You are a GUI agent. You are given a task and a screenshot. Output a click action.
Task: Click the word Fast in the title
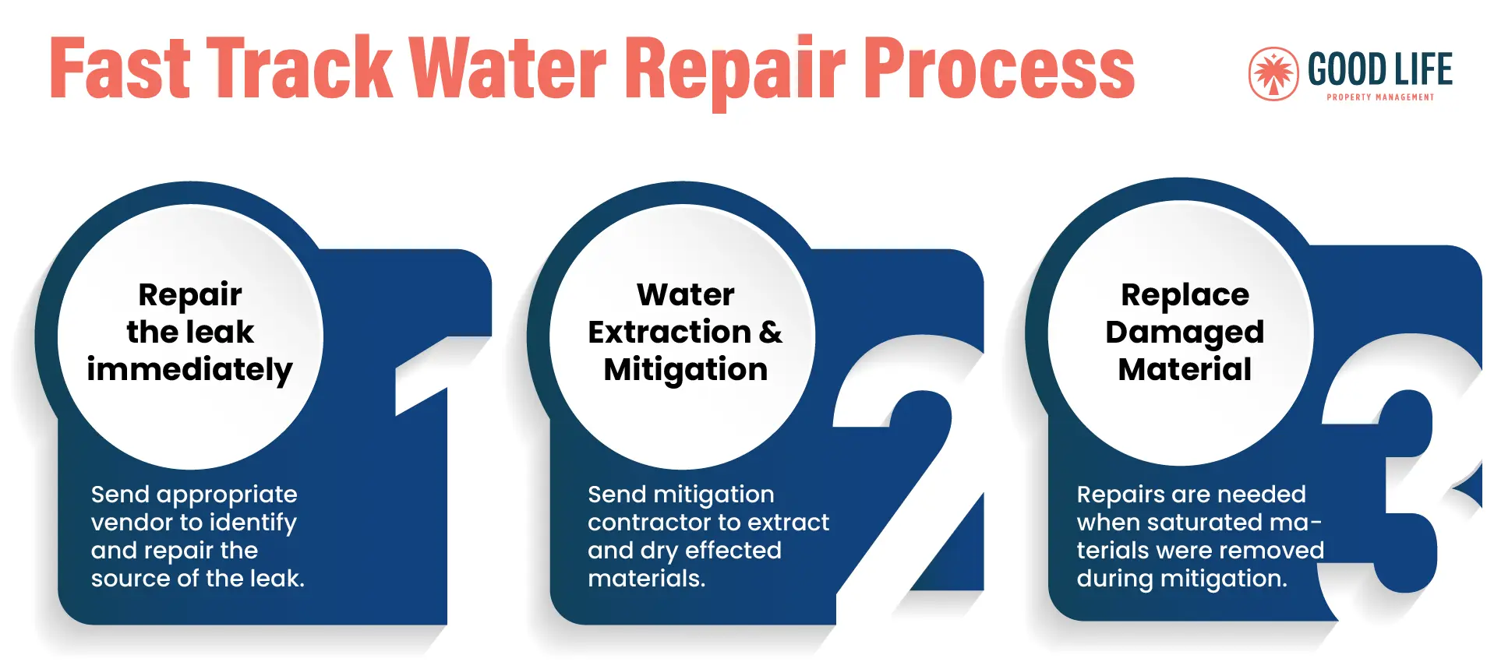click(120, 68)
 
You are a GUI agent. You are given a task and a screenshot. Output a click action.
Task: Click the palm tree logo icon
click(1273, 74)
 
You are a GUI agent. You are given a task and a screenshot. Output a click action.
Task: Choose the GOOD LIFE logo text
click(1380, 69)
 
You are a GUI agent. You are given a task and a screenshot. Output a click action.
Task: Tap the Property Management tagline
click(1380, 97)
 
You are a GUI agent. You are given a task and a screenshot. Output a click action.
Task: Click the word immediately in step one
click(189, 369)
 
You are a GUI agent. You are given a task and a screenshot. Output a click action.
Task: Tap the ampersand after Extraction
click(770, 332)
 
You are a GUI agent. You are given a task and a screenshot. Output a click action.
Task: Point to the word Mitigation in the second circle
click(686, 369)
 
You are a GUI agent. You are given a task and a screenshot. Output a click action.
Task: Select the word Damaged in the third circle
click(1185, 333)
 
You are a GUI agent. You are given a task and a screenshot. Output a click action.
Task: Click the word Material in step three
click(1185, 369)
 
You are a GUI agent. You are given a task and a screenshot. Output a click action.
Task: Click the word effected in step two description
click(733, 550)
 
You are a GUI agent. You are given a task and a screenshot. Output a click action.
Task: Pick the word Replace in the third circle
click(1185, 296)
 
